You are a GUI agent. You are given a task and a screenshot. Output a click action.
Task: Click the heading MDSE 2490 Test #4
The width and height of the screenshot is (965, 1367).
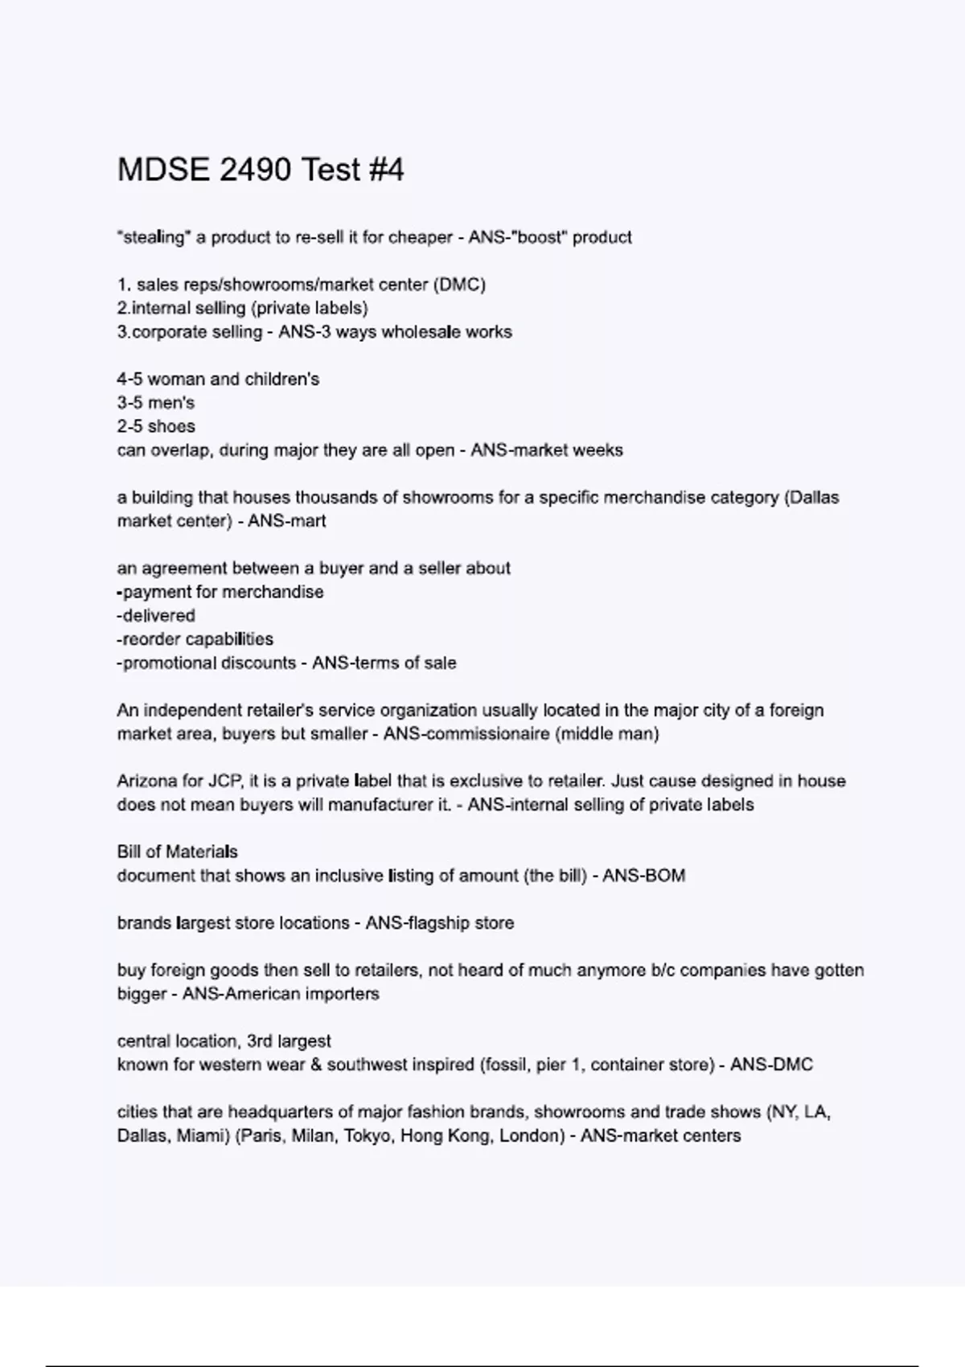tap(261, 170)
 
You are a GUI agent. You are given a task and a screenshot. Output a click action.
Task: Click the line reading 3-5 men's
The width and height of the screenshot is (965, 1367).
tap(155, 403)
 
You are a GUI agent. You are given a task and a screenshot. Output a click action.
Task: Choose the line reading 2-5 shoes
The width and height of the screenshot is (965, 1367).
tap(155, 426)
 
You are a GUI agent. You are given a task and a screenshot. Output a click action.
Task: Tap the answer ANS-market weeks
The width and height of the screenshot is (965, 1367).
tap(546, 450)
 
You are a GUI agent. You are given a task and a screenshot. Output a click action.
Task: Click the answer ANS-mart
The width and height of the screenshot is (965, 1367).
tap(286, 521)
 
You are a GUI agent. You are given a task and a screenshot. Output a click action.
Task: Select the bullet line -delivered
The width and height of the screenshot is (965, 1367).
tap(156, 616)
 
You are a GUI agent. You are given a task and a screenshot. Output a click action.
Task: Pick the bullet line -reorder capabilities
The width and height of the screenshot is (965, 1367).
tap(195, 639)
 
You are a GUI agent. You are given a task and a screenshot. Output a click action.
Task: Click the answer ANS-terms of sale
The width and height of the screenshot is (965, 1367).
tap(384, 663)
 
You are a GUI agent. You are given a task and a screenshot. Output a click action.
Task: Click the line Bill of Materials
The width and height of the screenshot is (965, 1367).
tap(177, 852)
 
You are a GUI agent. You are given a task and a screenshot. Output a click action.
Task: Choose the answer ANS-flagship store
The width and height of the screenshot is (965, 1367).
tap(439, 923)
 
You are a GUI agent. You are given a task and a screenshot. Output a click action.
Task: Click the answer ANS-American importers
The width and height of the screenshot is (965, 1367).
tap(281, 994)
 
